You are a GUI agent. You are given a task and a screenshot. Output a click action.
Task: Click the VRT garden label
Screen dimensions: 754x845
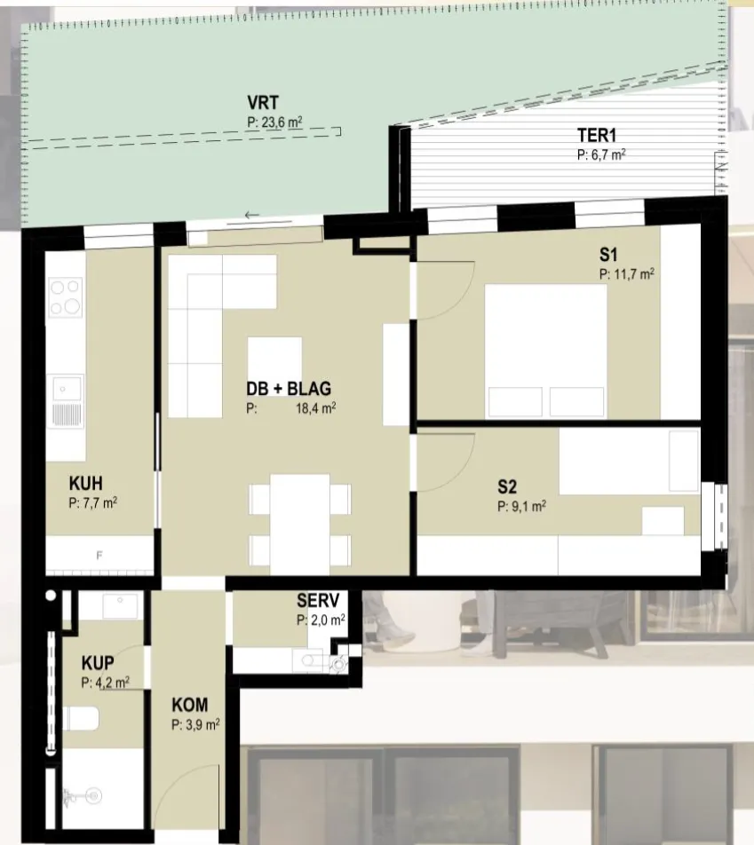tap(263, 102)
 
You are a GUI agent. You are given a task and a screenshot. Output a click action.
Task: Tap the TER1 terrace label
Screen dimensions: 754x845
tap(597, 135)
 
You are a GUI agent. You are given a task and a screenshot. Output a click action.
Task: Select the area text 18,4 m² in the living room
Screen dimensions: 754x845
tap(315, 408)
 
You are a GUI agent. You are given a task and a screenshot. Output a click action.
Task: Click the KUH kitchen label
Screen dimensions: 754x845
tap(86, 483)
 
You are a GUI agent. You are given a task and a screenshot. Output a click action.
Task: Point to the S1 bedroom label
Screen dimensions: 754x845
tap(608, 255)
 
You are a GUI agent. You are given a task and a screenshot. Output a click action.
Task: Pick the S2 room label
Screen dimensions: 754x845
tap(507, 486)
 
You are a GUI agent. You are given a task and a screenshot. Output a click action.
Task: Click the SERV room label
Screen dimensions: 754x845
tap(318, 600)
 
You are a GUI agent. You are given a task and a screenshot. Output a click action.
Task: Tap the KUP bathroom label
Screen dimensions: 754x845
tap(98, 662)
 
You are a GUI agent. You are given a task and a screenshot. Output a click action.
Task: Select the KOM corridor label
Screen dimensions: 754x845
tap(190, 705)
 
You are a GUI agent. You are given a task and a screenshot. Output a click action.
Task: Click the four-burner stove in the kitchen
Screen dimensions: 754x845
tap(66, 297)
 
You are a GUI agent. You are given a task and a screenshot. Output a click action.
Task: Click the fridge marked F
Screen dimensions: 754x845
tap(99, 555)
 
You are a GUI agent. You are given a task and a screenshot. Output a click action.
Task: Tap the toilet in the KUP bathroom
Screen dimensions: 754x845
tap(81, 719)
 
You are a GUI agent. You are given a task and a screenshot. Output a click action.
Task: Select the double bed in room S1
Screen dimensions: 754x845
tap(546, 351)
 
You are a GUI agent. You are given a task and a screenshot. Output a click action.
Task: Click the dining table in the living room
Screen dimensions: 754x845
tap(300, 525)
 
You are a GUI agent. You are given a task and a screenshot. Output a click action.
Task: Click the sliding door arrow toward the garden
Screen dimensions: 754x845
tap(252, 215)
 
